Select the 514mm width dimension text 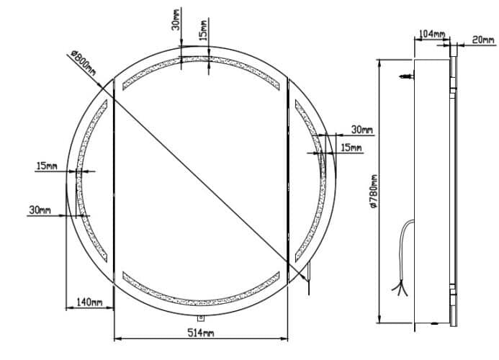[x=202, y=332]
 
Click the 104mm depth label [x=431, y=34]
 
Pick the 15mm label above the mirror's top [x=205, y=34]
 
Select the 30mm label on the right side [x=361, y=130]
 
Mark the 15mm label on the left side [x=46, y=166]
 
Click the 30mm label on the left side [x=40, y=210]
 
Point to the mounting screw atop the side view [x=408, y=75]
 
